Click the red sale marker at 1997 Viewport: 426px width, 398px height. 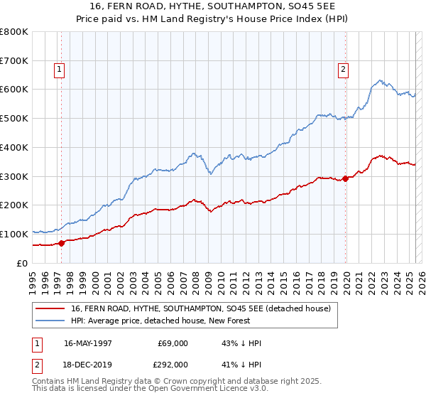click(x=62, y=243)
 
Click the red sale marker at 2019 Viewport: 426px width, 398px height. click(x=346, y=178)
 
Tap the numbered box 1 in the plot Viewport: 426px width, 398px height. click(x=58, y=70)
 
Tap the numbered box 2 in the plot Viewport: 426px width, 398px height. click(x=343, y=70)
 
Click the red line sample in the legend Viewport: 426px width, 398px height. click(x=50, y=308)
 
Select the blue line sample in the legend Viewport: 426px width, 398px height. click(x=50, y=321)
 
